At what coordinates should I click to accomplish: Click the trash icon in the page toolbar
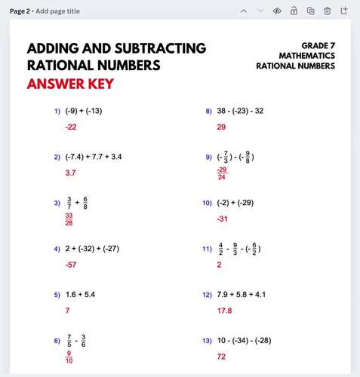coord(328,11)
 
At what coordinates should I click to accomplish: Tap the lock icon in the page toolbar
coord(294,11)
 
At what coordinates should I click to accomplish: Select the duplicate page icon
coord(310,11)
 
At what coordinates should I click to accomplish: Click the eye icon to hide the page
coord(277,11)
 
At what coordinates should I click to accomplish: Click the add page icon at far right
coord(344,11)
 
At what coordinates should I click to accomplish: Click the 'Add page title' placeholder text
coord(57,11)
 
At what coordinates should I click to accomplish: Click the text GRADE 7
coord(318,46)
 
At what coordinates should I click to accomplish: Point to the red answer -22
coord(71,127)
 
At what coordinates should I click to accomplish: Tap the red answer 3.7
coord(70,173)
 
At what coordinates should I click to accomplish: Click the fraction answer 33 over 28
coord(69,219)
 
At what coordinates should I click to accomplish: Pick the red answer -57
coord(71,265)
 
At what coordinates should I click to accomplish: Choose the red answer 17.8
coord(224,310)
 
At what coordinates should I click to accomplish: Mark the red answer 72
coord(221,356)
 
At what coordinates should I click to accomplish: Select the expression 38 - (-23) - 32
coord(240,111)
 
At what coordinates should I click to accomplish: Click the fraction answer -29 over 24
coord(221,174)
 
